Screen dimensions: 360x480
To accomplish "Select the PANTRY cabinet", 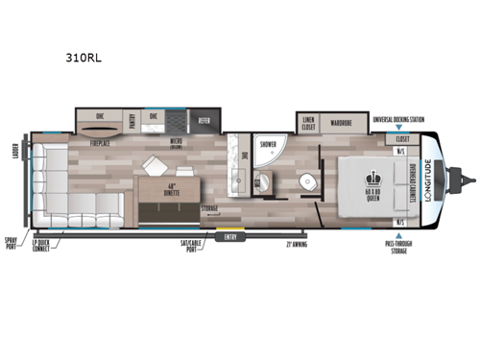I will (x=133, y=120).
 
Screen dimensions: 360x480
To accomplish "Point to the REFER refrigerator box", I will (x=204, y=121).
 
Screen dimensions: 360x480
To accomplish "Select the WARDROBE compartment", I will (x=344, y=122).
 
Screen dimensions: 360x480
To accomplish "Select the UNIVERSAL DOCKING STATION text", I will (x=399, y=119).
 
